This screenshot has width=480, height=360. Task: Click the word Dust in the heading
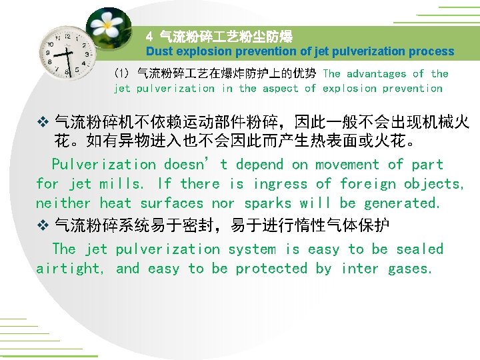tap(159, 51)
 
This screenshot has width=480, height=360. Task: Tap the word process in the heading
tap(431, 51)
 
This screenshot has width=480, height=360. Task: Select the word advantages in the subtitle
tap(376, 74)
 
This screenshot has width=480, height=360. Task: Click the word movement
tap(346, 165)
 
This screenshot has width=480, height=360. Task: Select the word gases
tap(410, 269)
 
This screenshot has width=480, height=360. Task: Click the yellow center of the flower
tap(106, 27)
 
